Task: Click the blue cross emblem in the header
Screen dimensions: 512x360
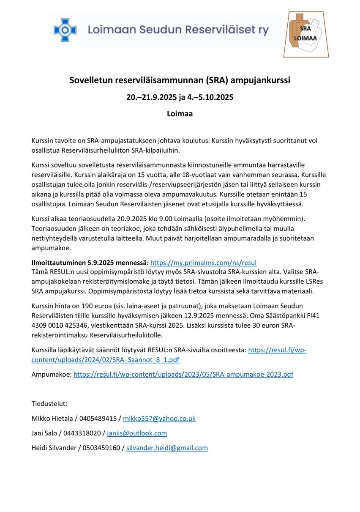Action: (x=65, y=30)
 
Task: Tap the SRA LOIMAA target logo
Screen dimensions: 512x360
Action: (x=305, y=34)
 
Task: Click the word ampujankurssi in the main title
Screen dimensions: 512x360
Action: (x=263, y=80)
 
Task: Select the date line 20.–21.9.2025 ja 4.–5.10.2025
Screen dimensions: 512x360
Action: (x=180, y=97)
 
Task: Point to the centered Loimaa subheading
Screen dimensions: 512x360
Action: (x=180, y=113)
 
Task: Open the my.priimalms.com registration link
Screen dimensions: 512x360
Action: (x=203, y=262)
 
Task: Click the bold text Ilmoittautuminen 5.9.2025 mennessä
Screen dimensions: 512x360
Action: (x=90, y=262)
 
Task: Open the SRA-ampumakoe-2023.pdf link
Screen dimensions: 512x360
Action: (x=183, y=374)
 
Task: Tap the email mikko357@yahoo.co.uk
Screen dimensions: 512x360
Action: (x=159, y=419)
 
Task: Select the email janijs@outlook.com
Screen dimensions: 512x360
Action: (x=137, y=433)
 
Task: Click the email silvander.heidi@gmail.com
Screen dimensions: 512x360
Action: (x=167, y=448)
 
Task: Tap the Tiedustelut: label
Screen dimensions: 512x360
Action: (x=49, y=404)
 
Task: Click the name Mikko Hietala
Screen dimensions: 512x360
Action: (x=53, y=419)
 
